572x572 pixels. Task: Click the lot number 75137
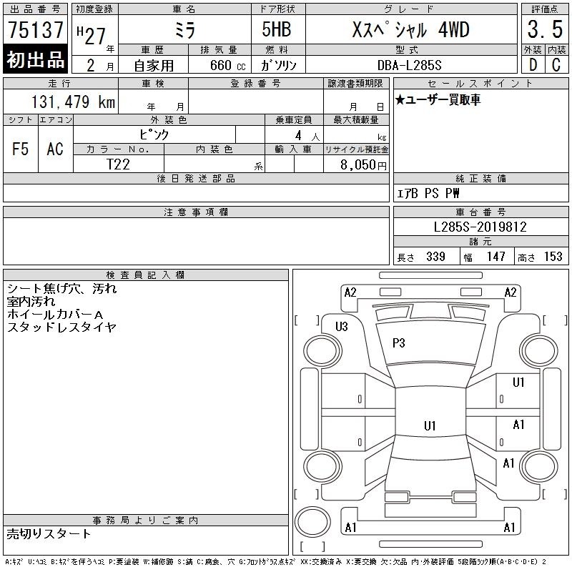coord(35,30)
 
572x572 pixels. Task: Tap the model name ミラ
coord(184,30)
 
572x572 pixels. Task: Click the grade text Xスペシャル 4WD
coord(411,30)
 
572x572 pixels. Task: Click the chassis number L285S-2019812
coord(480,227)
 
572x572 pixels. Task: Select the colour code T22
coord(119,164)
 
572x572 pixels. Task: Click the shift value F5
coord(21,149)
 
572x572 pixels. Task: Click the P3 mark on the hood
coord(399,343)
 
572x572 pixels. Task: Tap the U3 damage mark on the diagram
coord(342,327)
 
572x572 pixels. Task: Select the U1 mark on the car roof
coord(429,426)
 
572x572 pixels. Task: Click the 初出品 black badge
coord(35,60)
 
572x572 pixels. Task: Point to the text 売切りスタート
coord(49,533)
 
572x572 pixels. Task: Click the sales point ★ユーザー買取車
coord(438,99)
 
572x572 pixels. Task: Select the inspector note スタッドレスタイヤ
coord(61,327)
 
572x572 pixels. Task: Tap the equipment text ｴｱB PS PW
coord(428,193)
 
